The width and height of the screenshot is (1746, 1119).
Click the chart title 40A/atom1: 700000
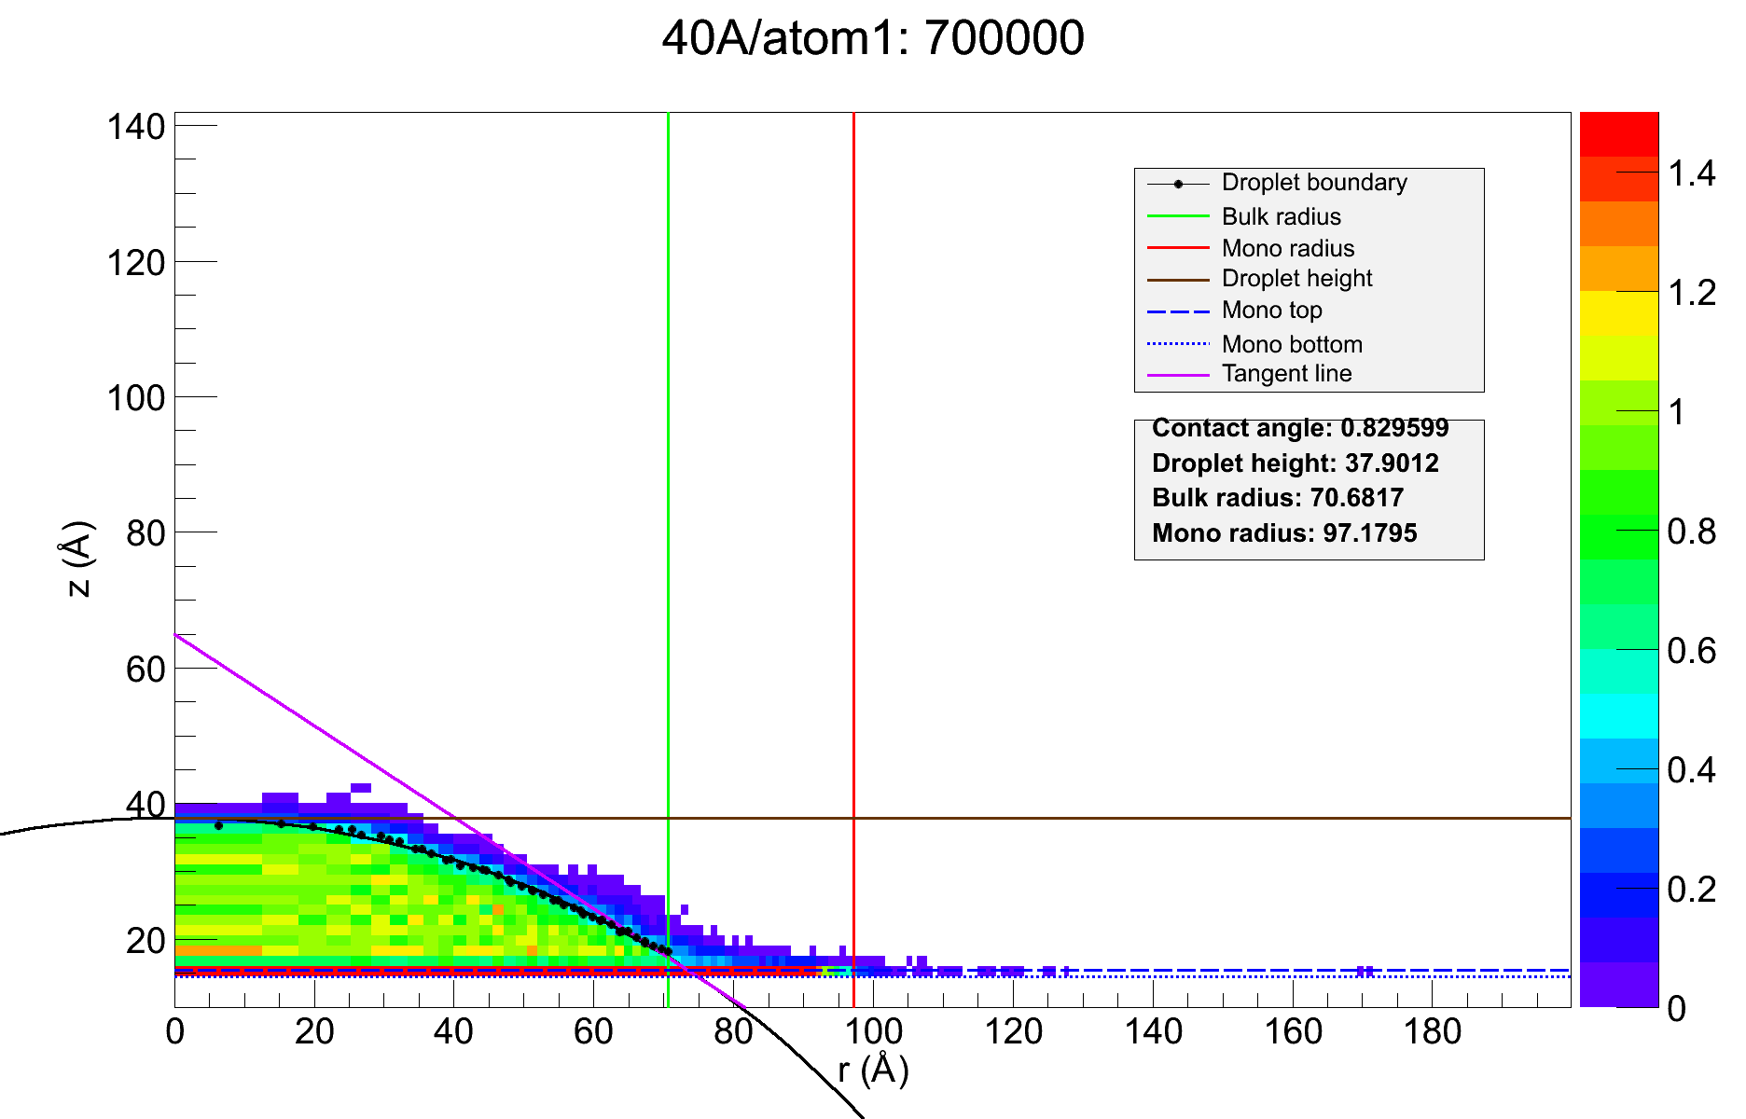(x=873, y=39)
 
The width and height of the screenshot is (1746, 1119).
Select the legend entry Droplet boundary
(x=1313, y=183)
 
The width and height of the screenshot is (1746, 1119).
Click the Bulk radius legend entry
(x=1281, y=217)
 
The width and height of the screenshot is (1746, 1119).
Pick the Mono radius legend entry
(x=1287, y=249)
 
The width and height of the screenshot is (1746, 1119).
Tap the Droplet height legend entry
(x=1296, y=279)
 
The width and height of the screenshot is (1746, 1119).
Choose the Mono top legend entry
(x=1271, y=311)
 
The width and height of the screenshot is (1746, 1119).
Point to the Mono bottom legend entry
(x=1292, y=345)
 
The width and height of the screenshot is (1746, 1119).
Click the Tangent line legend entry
(x=1286, y=374)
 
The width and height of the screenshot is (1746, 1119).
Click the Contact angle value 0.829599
(x=1394, y=428)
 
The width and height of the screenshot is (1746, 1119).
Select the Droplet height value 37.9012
(x=1392, y=463)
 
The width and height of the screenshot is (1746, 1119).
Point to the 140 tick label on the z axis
(x=135, y=127)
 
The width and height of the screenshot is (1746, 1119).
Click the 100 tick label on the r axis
(x=873, y=1033)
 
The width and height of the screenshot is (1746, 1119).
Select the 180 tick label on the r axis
(x=1432, y=1033)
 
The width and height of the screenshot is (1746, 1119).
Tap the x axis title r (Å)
(x=873, y=1071)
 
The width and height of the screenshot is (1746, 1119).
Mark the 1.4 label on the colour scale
(x=1691, y=173)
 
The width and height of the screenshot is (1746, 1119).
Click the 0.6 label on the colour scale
(x=1691, y=651)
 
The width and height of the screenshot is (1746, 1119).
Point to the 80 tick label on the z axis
(x=145, y=533)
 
